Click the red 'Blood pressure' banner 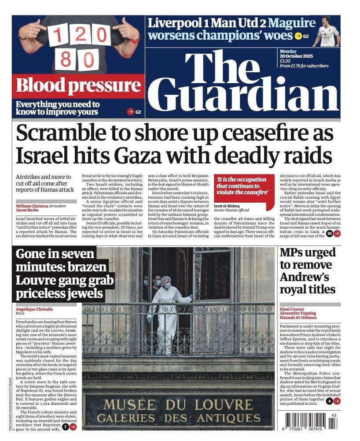tap(78, 86)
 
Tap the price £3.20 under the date tap(285, 61)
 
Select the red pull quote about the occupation tap(242, 186)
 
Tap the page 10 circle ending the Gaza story tap(329, 233)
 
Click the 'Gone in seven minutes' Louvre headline tap(64, 273)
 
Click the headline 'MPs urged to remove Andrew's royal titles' tap(308, 271)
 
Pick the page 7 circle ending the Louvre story tap(65, 427)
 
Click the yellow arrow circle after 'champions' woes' tap(298, 36)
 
